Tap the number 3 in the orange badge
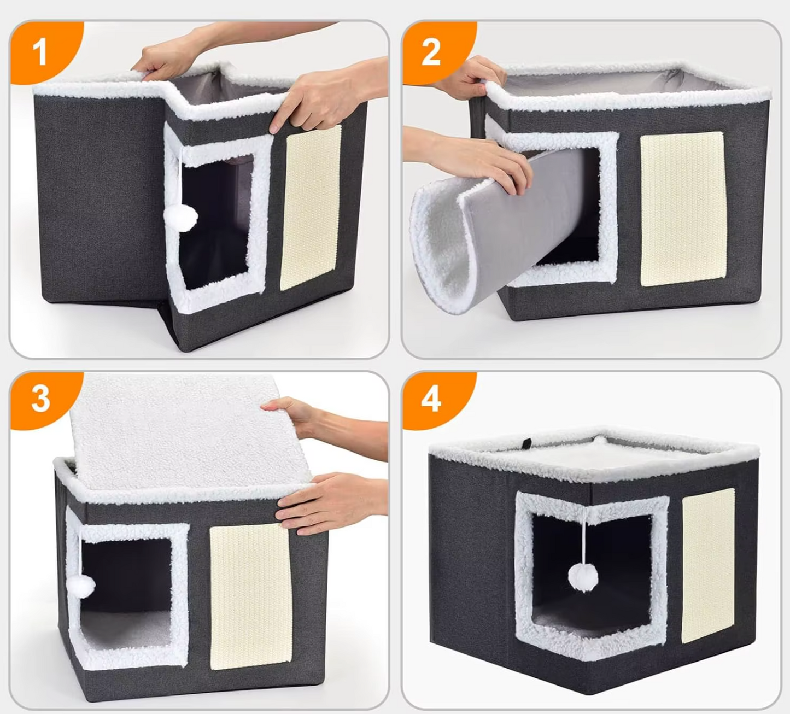click(x=40, y=399)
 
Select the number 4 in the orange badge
click(x=431, y=400)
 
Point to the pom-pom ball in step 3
click(x=81, y=587)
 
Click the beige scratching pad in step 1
click(x=311, y=208)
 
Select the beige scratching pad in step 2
click(x=683, y=209)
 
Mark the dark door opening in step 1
click(x=215, y=220)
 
